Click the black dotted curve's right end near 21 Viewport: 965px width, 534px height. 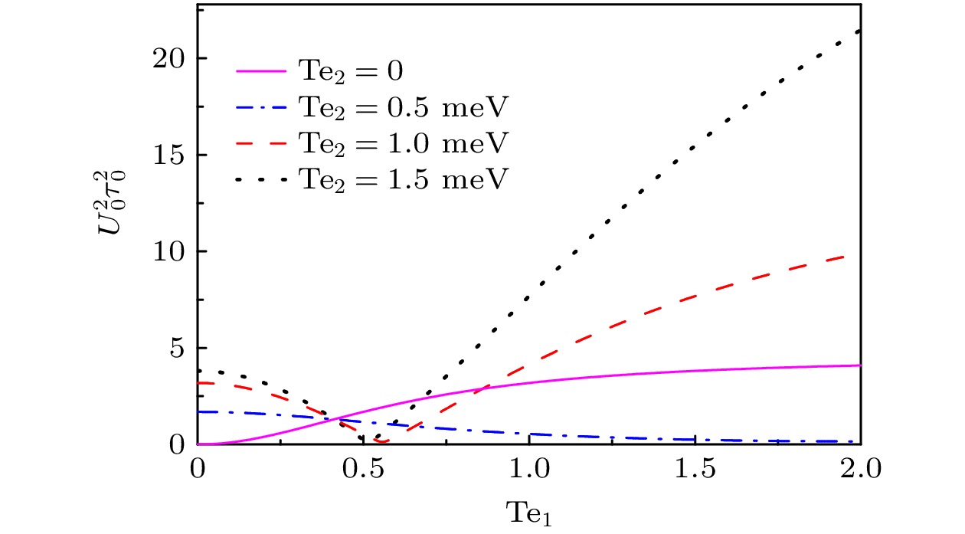pyautogui.click(x=859, y=31)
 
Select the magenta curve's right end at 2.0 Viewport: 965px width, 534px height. pyautogui.click(x=859, y=365)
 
